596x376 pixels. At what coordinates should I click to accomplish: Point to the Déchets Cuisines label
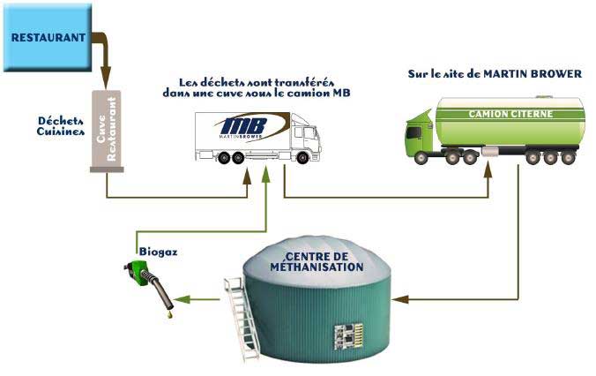pyautogui.click(x=62, y=126)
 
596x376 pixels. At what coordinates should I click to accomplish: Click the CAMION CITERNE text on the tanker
pyautogui.click(x=508, y=115)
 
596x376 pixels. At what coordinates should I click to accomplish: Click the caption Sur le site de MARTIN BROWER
pyautogui.click(x=495, y=74)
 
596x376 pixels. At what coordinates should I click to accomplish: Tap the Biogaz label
pyautogui.click(x=158, y=252)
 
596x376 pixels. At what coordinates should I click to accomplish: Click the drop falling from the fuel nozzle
pyautogui.click(x=166, y=315)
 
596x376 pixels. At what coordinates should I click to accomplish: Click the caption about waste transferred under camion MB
pyautogui.click(x=257, y=87)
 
